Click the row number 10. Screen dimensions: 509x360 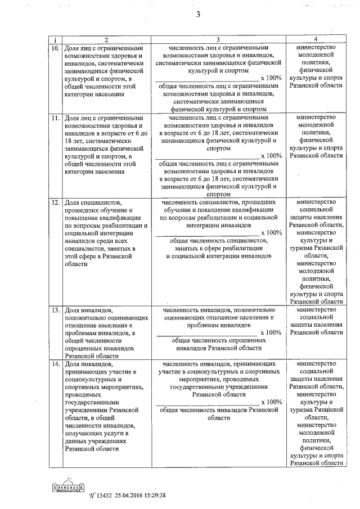pos(55,49)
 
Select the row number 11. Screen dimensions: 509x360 pos(55,119)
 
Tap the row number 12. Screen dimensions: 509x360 pos(55,201)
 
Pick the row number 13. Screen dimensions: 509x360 pos(55,310)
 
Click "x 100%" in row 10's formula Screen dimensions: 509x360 pos(272,78)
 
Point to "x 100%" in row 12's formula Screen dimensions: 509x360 pos(272,233)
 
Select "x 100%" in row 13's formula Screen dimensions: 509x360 pos(272,333)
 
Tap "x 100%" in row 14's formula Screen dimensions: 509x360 pos(272,403)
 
